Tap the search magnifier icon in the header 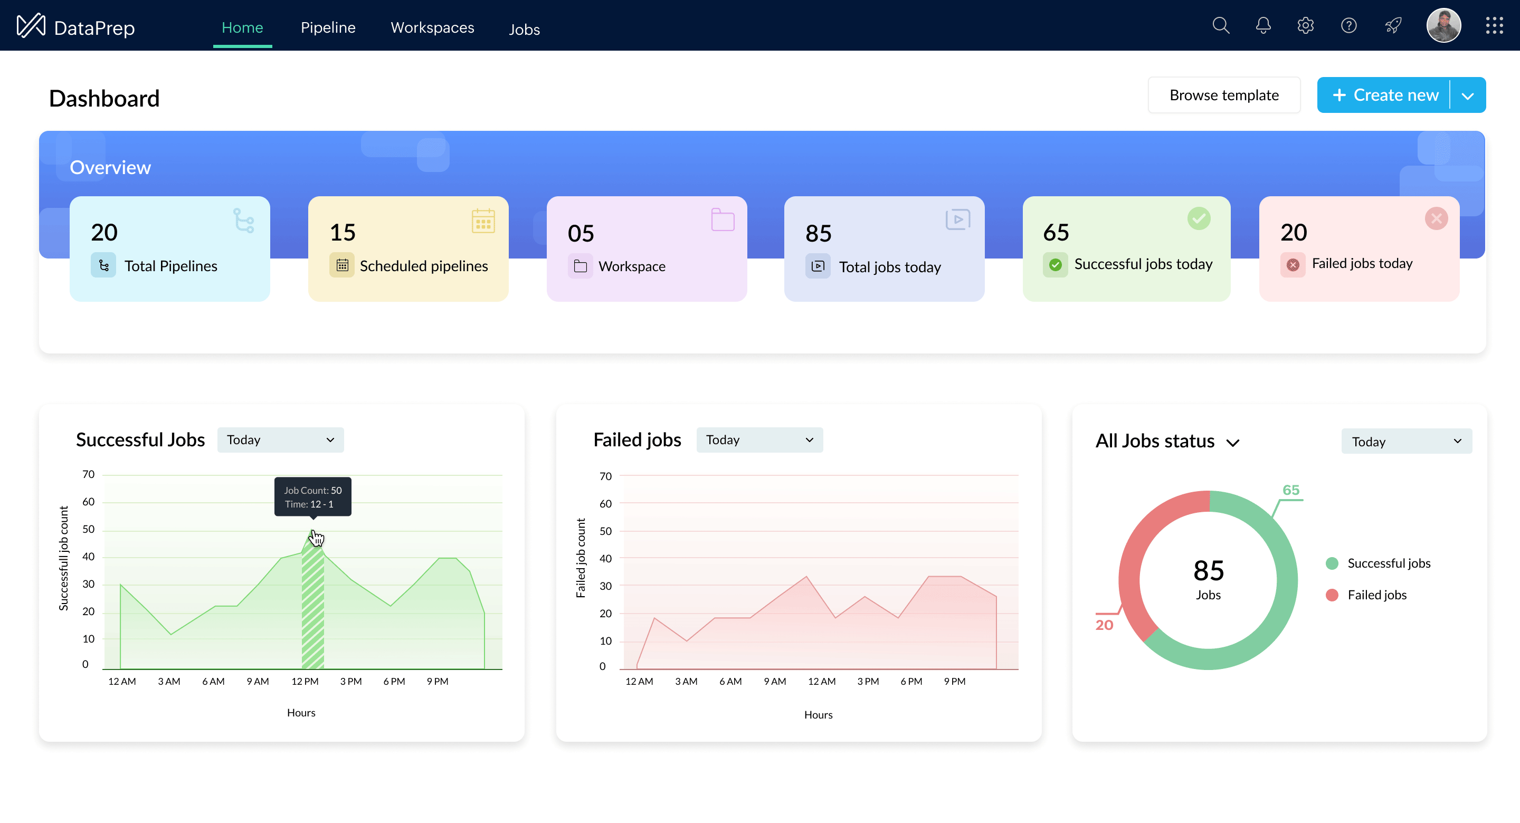point(1220,25)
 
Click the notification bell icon point(1263,25)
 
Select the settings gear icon point(1305,25)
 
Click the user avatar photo point(1443,25)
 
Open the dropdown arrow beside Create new point(1467,95)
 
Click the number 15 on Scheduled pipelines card point(342,233)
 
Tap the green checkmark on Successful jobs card point(1199,219)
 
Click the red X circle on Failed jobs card point(1436,219)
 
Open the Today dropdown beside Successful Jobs point(280,440)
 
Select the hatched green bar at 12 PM point(313,614)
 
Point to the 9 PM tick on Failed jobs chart point(954,682)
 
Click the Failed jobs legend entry point(1376,595)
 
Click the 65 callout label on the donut point(1290,490)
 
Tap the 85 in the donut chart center point(1208,570)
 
